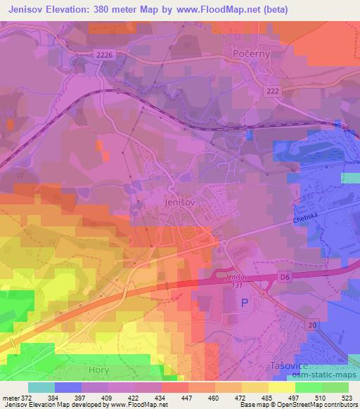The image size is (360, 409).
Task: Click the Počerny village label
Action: point(252,54)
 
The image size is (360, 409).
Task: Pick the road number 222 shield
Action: point(273,92)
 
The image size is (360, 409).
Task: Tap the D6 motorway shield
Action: point(284,279)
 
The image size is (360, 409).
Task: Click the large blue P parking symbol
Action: point(245,303)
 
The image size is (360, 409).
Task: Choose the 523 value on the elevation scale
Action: point(347,397)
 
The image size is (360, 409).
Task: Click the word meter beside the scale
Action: point(10,397)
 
